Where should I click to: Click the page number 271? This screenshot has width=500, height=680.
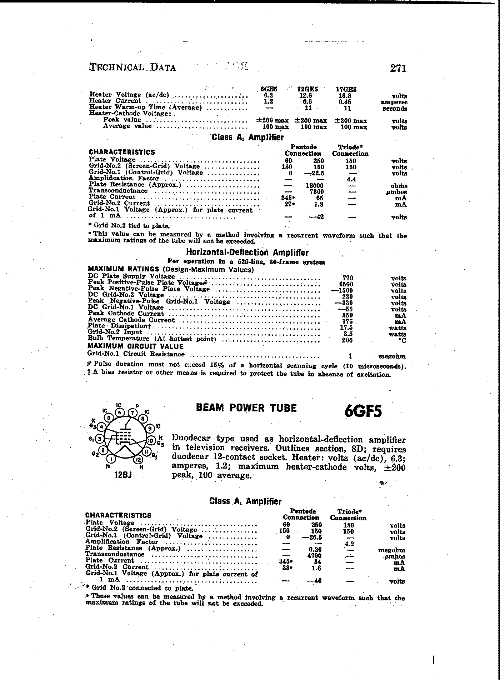(x=398, y=68)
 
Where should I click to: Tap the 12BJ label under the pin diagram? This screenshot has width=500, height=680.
(x=123, y=475)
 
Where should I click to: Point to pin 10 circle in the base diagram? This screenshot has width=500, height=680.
(x=150, y=440)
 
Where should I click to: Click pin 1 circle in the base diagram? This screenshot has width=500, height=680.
(x=112, y=459)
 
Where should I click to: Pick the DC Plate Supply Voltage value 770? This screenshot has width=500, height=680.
(x=347, y=278)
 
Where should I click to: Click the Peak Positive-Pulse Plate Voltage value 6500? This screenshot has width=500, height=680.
(x=347, y=284)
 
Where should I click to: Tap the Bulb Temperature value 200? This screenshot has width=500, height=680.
(x=347, y=340)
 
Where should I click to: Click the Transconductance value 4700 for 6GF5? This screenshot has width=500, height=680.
(x=314, y=556)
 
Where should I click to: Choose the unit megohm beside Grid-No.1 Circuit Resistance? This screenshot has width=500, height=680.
(x=392, y=356)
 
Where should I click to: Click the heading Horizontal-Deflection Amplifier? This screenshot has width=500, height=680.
(x=247, y=252)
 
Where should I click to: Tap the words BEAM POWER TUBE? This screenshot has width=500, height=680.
(x=246, y=408)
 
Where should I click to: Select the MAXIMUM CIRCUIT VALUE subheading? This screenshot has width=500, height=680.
(x=136, y=346)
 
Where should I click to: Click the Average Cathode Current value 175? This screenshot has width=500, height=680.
(x=347, y=322)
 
